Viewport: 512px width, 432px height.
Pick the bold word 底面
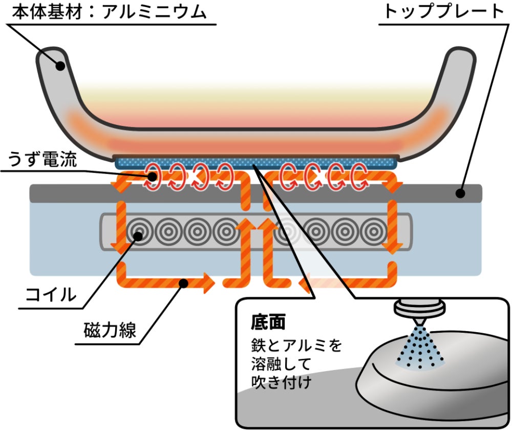click(268, 323)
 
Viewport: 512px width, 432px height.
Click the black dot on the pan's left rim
click(61, 66)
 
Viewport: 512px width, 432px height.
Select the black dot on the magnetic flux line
click(183, 282)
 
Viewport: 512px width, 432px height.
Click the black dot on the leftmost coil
click(137, 235)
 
